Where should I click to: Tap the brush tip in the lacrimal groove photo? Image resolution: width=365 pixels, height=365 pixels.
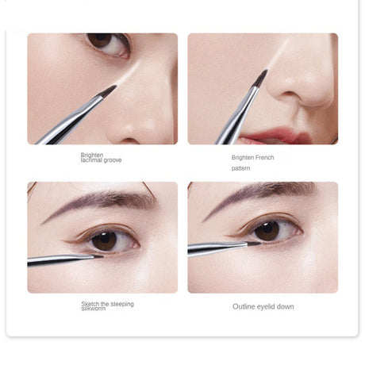click(x=111, y=88)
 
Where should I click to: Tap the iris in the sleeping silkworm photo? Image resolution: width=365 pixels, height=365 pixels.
click(x=103, y=239)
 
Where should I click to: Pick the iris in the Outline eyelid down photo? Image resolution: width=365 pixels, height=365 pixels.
click(x=268, y=230)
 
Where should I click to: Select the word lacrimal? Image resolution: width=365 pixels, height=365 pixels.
click(x=90, y=160)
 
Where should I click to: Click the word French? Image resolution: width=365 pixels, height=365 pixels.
click(x=264, y=157)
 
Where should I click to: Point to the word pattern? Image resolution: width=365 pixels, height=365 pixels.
click(x=241, y=168)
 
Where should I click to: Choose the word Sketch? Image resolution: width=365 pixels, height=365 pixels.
click(x=89, y=303)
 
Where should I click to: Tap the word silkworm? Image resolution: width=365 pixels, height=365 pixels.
click(x=92, y=308)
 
